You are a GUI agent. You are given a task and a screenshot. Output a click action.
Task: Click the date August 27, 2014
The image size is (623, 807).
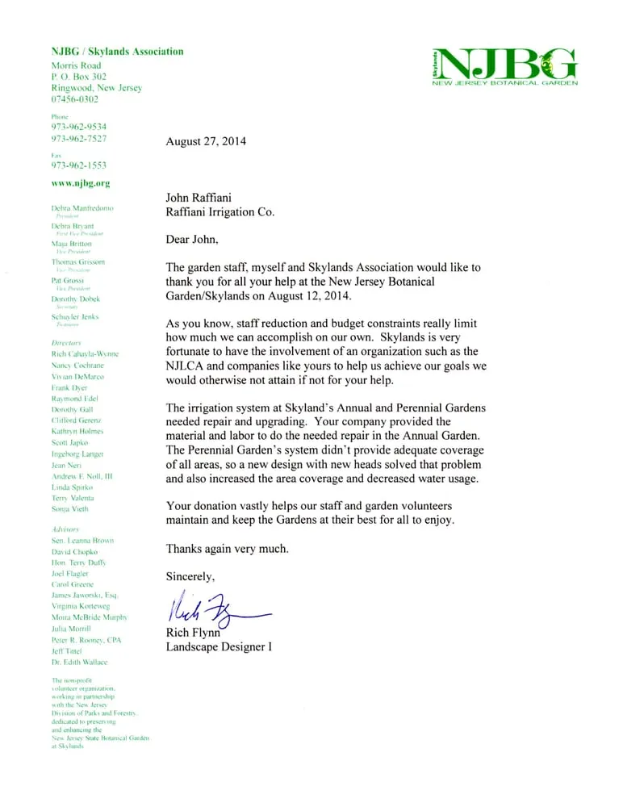pos(206,141)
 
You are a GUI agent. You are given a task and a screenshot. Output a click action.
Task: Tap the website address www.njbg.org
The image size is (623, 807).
pos(81,183)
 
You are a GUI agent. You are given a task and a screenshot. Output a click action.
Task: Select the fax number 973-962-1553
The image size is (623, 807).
pos(79,165)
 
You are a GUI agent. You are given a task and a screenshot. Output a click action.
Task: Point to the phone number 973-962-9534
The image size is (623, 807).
pos(79,127)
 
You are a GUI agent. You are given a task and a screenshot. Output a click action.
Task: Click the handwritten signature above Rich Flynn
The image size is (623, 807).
pos(214,606)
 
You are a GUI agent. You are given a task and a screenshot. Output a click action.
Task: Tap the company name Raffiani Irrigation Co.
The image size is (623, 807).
pos(220,212)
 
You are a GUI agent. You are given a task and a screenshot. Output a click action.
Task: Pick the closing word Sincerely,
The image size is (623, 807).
pos(190,576)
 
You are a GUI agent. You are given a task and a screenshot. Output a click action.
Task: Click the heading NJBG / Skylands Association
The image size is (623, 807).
pos(117,52)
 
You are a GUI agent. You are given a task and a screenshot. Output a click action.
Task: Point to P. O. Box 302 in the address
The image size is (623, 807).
pos(79,76)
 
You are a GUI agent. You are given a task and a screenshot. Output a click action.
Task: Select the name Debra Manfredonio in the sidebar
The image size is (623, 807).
pos(82,208)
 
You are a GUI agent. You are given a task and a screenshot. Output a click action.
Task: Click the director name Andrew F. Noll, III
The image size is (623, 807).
pos(82,477)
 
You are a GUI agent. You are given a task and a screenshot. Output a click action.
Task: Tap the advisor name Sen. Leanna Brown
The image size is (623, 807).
pos(82,540)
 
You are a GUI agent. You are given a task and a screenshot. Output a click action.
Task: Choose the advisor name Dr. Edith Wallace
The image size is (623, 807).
pos(79,662)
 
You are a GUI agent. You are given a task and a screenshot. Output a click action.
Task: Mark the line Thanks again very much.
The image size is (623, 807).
pos(225,549)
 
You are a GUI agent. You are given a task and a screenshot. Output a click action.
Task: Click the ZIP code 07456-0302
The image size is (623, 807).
pos(75,99)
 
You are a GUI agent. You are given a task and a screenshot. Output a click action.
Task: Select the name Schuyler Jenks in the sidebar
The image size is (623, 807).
pos(75,317)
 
